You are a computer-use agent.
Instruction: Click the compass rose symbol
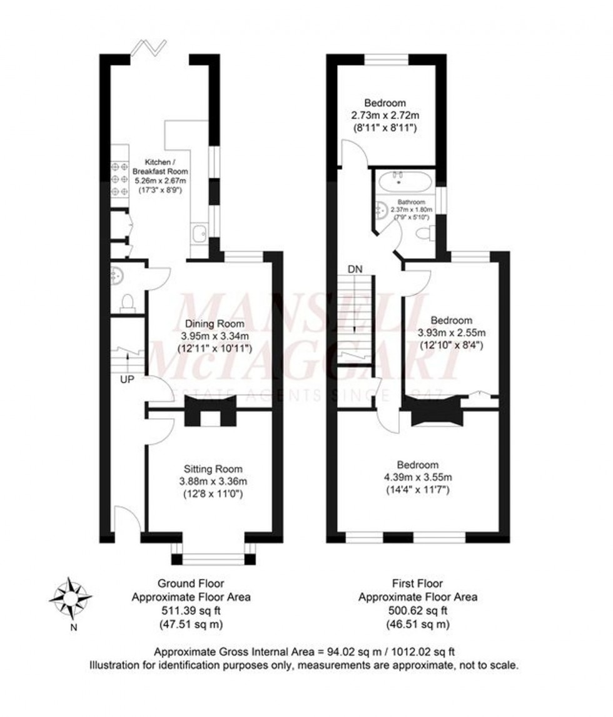click(70, 598)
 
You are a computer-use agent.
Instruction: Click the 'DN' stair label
click(355, 269)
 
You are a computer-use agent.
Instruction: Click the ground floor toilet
click(127, 302)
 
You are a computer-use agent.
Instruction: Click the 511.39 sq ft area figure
click(191, 610)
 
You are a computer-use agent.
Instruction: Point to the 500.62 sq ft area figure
click(417, 610)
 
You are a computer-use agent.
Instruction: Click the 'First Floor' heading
click(417, 584)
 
